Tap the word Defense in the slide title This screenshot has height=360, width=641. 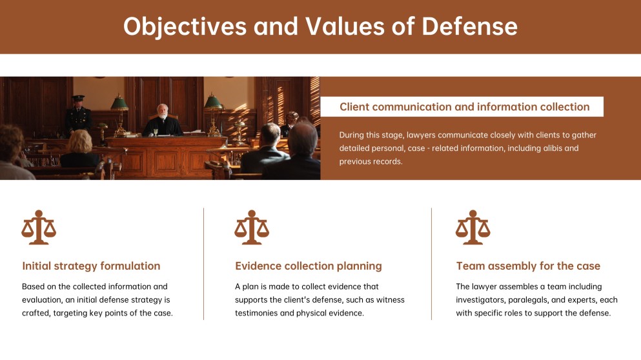(469, 26)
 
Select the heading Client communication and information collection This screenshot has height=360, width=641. (464, 107)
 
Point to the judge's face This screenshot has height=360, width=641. (162, 111)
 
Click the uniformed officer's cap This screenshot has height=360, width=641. (78, 97)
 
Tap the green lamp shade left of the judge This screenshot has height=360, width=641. (119, 102)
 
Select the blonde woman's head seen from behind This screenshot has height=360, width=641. (81, 141)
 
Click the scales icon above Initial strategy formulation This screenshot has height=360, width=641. (39, 227)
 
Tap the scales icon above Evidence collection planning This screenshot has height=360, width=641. (251, 227)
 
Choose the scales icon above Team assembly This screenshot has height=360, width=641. (473, 227)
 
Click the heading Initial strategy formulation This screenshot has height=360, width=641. (91, 266)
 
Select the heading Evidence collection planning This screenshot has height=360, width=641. (308, 266)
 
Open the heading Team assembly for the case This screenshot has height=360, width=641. (528, 266)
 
